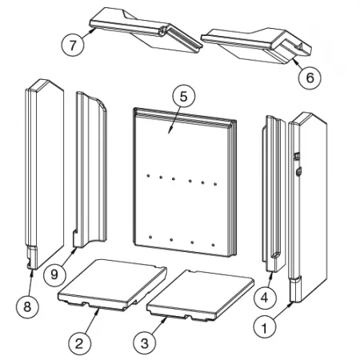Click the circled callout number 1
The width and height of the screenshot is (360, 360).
click(x=265, y=328)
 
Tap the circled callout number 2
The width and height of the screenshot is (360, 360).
click(x=79, y=344)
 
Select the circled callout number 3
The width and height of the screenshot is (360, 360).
click(x=145, y=344)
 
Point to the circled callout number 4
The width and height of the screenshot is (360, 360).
click(x=265, y=298)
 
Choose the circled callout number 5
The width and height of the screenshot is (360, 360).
click(x=184, y=97)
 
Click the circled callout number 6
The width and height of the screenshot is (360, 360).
click(x=310, y=78)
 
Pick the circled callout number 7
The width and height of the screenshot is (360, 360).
click(x=73, y=45)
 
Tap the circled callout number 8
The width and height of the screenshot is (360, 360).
click(x=27, y=306)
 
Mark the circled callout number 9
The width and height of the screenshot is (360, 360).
click(x=54, y=274)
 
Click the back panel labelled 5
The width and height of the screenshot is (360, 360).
click(x=185, y=182)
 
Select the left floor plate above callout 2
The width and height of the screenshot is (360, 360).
click(x=113, y=285)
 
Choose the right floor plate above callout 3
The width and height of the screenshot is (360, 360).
click(x=201, y=296)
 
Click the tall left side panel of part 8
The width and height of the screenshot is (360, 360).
click(x=45, y=174)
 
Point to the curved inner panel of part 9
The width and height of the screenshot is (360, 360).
click(x=90, y=170)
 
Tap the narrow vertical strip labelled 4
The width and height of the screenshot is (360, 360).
click(x=274, y=194)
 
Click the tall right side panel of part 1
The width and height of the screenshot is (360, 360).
click(x=308, y=207)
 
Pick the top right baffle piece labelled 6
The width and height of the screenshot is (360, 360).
click(x=257, y=46)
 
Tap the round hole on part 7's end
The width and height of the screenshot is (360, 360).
click(x=162, y=32)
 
